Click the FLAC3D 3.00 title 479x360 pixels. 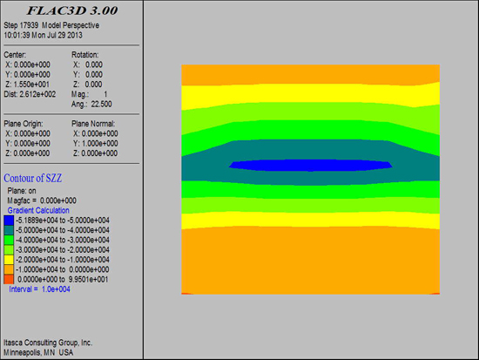[72, 10]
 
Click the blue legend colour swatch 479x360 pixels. [9, 221]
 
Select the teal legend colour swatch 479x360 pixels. [9, 230]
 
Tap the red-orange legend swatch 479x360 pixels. [9, 279]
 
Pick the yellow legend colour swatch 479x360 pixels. [9, 260]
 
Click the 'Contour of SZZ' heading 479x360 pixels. [33, 178]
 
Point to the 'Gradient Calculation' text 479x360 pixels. [38, 210]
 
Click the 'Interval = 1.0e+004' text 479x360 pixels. [39, 289]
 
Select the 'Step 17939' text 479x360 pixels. [21, 25]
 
